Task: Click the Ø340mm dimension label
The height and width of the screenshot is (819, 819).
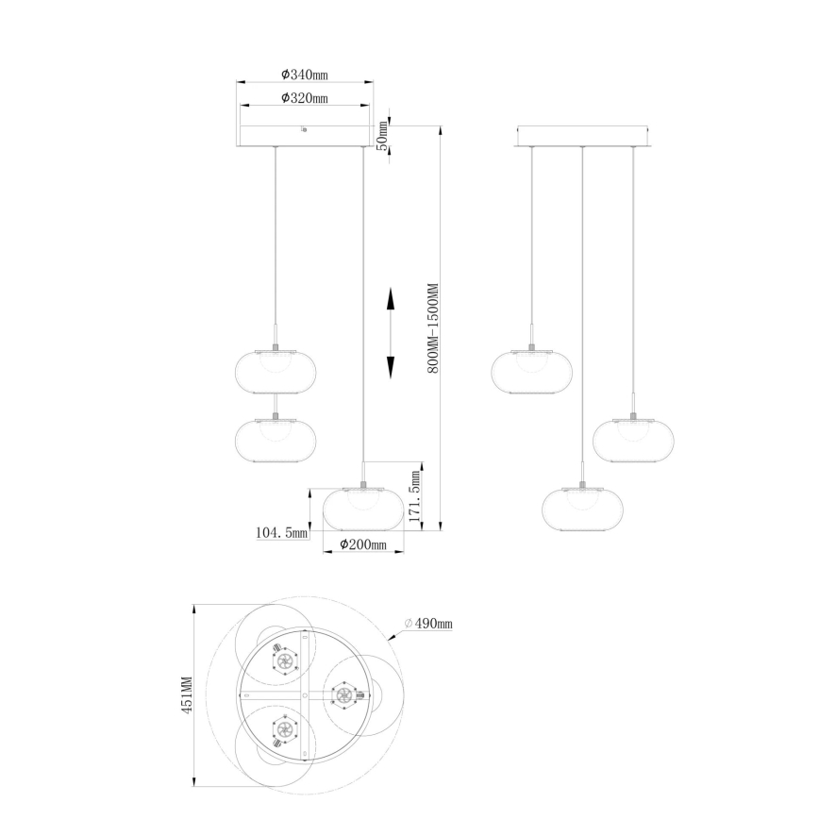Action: click(x=304, y=74)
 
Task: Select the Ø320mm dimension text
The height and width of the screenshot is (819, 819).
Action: click(x=304, y=98)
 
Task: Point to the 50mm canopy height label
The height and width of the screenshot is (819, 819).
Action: click(x=382, y=138)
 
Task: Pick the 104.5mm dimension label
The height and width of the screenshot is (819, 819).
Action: click(x=283, y=533)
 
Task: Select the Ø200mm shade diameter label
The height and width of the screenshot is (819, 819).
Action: click(x=363, y=545)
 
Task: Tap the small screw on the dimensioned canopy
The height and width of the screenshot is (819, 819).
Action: click(x=304, y=129)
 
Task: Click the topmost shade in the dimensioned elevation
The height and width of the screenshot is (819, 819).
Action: click(x=274, y=370)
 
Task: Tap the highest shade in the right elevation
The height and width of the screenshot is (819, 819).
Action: click(x=532, y=370)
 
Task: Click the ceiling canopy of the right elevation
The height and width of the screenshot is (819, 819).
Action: click(x=582, y=137)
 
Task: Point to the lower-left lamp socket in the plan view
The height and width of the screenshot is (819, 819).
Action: click(x=283, y=728)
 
